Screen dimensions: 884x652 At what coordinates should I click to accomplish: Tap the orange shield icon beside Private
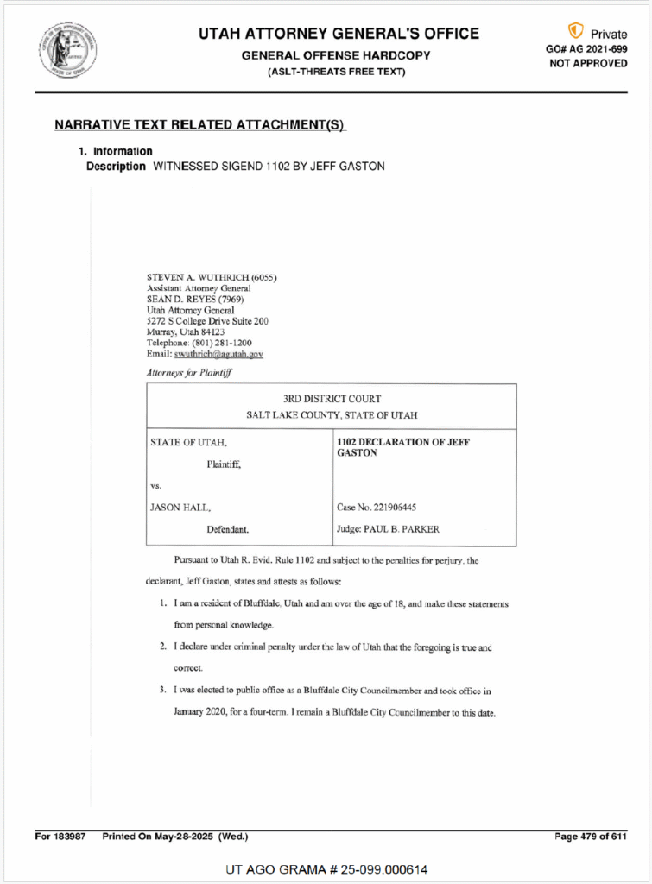tap(575, 31)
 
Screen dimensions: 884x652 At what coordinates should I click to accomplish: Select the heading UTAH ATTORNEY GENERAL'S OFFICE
tap(339, 34)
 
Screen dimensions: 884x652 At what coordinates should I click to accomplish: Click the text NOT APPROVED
tap(588, 64)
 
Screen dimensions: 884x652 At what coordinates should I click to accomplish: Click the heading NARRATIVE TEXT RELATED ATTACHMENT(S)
tap(199, 125)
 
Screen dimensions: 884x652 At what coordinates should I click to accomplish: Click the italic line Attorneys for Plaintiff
tap(193, 372)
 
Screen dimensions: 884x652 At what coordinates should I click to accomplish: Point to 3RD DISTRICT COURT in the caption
tap(332, 399)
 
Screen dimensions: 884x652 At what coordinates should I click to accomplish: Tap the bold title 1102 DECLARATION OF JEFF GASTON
tap(402, 447)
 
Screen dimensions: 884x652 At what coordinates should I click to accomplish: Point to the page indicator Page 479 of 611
tap(591, 837)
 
